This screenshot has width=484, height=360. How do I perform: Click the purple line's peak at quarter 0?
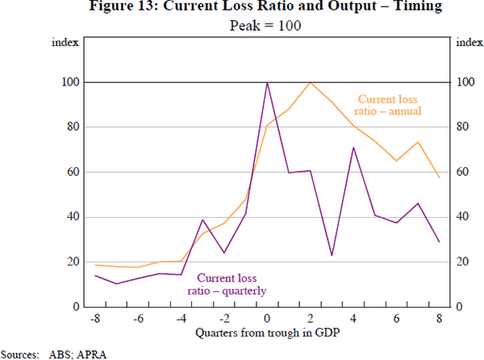pyautogui.click(x=267, y=82)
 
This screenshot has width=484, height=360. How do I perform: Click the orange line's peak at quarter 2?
pyautogui.click(x=310, y=82)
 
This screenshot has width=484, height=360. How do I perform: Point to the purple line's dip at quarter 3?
pyautogui.click(x=332, y=256)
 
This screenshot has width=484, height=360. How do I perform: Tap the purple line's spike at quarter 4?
pyautogui.click(x=353, y=147)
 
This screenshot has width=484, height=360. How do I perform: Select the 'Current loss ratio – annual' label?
pyautogui.click(x=389, y=105)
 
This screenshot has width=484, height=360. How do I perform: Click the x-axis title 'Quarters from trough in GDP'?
pyautogui.click(x=267, y=333)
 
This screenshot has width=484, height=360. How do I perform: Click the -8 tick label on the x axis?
pyautogui.click(x=94, y=319)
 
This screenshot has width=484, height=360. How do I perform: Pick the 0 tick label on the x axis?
pyautogui.click(x=267, y=319)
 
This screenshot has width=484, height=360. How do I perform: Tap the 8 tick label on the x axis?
pyautogui.click(x=439, y=319)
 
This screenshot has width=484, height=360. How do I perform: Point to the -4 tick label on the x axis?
pyautogui.click(x=181, y=319)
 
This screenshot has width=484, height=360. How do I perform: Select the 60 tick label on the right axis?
pyautogui.click(x=464, y=172)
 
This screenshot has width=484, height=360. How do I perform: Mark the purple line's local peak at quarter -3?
pyautogui.click(x=202, y=220)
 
